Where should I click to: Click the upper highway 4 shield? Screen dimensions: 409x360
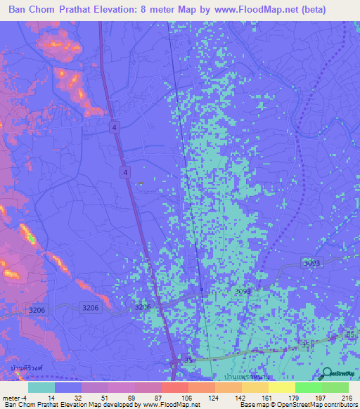click(x=113, y=126)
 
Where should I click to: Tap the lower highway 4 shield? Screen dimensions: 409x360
click(x=124, y=171)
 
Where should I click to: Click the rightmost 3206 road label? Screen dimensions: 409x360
click(x=142, y=307)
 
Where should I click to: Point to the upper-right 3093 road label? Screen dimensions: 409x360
click(x=312, y=263)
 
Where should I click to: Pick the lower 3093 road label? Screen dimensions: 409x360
click(x=242, y=291)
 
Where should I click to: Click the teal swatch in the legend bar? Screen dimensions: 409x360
click(x=41, y=387)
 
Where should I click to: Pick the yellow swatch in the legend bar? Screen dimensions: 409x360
click(x=282, y=387)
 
